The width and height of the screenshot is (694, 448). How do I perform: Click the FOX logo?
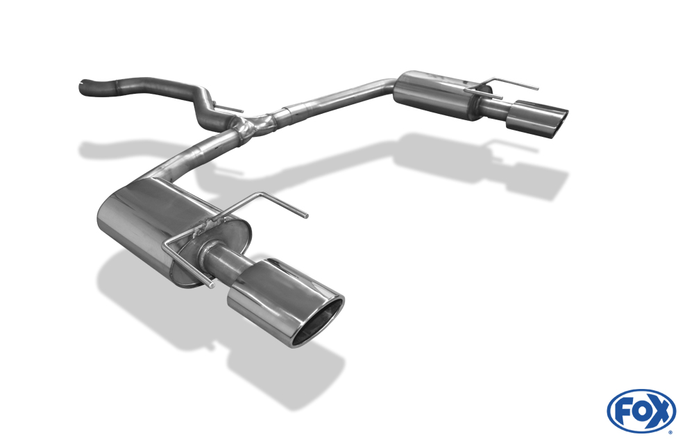pyautogui.click(x=641, y=410)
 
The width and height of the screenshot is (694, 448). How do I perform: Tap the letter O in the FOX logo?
pyautogui.click(x=642, y=411)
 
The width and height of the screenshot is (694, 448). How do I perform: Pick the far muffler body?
pyautogui.click(x=438, y=94)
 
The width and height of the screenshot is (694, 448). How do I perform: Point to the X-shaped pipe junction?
pyautogui.click(x=253, y=124)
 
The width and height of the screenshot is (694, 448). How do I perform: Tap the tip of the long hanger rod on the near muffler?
pyautogui.click(x=306, y=216)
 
